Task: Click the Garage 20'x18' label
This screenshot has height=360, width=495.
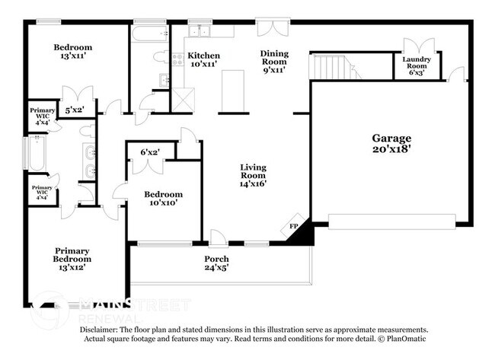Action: pyautogui.click(x=391, y=144)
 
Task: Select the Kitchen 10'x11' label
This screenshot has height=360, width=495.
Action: pyautogui.click(x=203, y=60)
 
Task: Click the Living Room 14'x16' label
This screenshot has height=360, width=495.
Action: pyautogui.click(x=253, y=175)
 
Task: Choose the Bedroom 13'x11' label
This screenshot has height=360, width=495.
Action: pyautogui.click(x=72, y=52)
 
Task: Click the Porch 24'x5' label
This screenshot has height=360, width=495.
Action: pyautogui.click(x=216, y=264)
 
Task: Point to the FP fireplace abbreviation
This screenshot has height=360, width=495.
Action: pyautogui.click(x=294, y=226)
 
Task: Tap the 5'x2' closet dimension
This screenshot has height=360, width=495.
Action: pyautogui.click(x=75, y=111)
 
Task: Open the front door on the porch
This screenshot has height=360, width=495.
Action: pyautogui.click(x=218, y=239)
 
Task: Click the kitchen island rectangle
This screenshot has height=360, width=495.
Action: pyautogui.click(x=232, y=91)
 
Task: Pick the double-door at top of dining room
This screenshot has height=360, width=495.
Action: pyautogui.click(x=270, y=28)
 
